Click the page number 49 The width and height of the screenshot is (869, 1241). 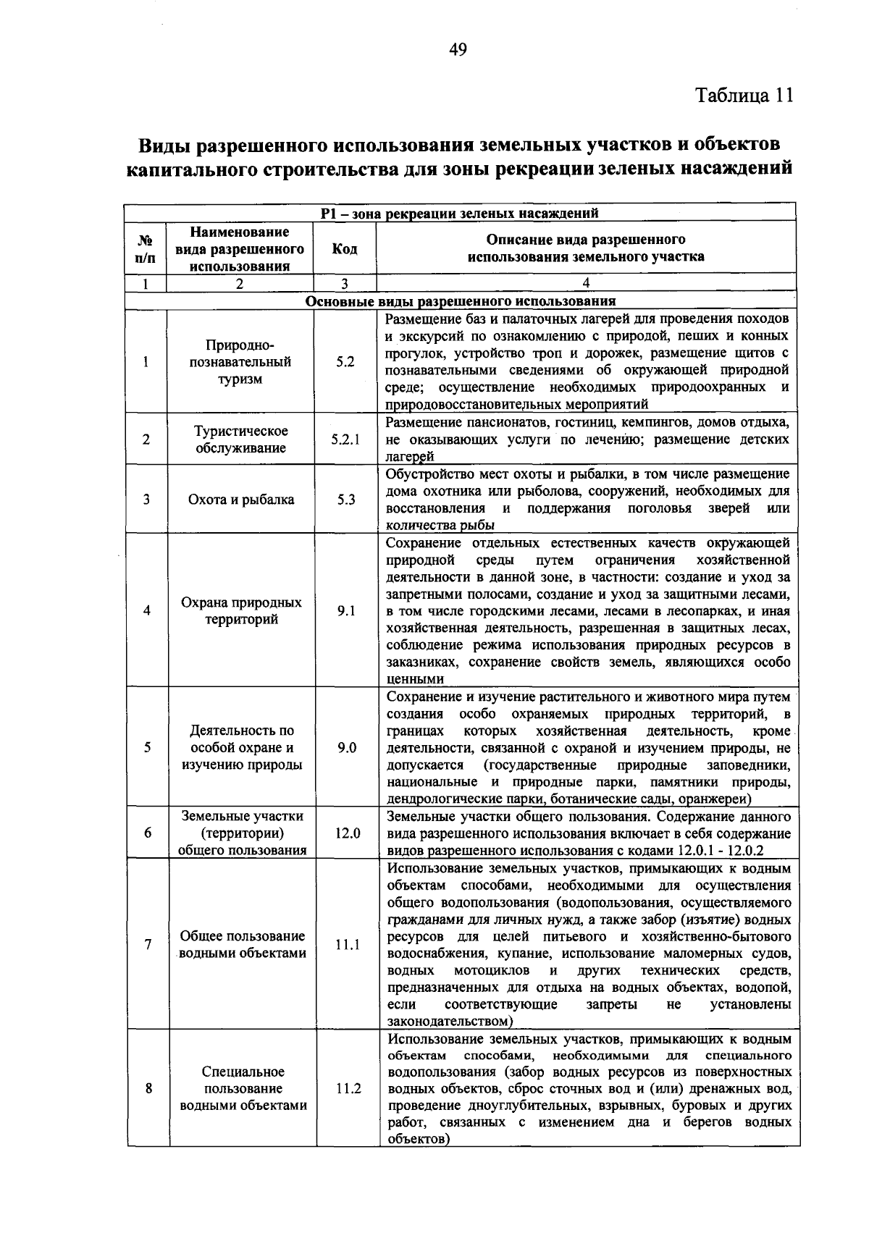458,49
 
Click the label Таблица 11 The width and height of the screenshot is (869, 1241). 744,96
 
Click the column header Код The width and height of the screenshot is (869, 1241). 344,248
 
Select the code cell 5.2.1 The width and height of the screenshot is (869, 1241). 345,439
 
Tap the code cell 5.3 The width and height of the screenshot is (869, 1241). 345,500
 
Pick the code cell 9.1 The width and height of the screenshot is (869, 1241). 345,611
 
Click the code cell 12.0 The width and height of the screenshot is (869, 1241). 347,833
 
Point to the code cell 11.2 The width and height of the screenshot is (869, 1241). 348,1088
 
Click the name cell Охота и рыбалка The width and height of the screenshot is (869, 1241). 241,500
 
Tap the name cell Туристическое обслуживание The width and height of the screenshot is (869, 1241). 241,439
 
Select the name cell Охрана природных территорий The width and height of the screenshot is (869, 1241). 241,611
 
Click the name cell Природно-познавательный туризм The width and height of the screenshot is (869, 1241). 240,362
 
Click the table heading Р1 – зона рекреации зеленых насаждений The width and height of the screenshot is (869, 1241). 459,213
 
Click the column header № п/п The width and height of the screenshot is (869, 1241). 145,248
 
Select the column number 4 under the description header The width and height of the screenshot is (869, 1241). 586,283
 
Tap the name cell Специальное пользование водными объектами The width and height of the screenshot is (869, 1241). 243,1088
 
